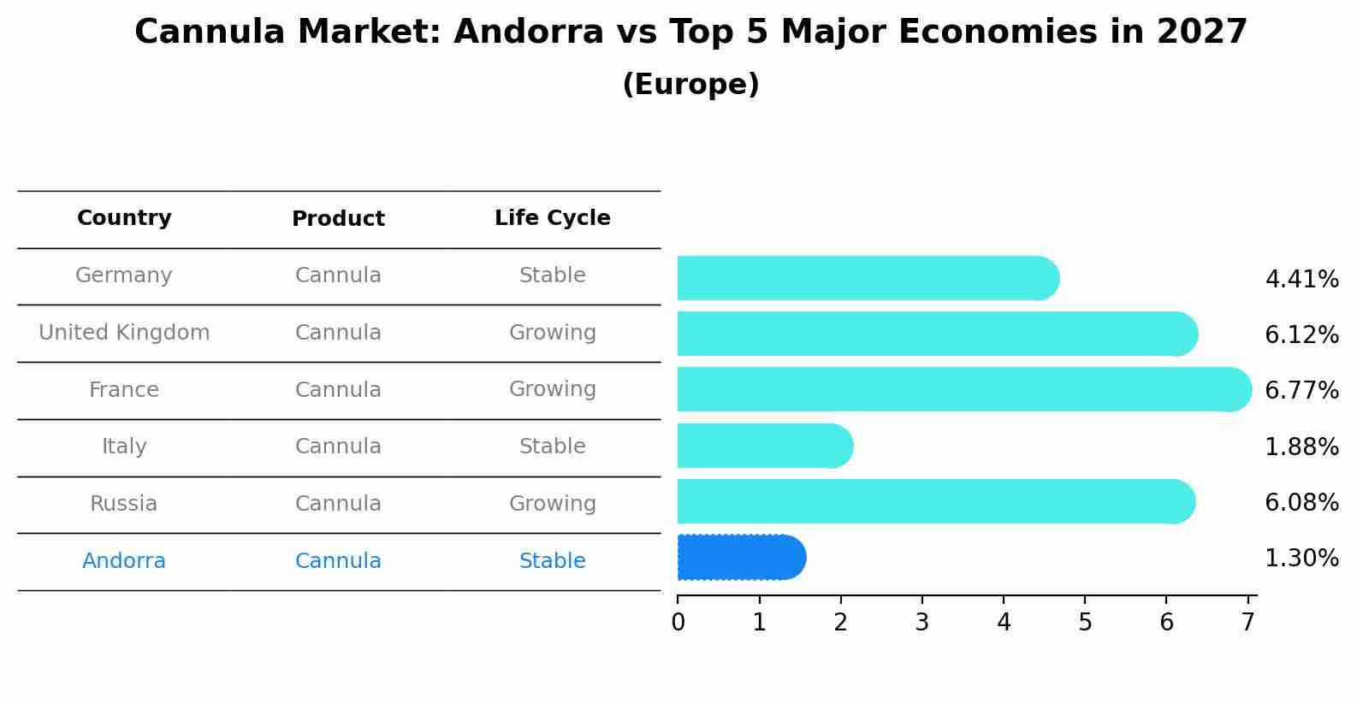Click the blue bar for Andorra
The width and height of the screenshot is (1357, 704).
741,558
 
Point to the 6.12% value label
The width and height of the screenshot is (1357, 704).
1301,335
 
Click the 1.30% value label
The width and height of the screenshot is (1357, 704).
1301,559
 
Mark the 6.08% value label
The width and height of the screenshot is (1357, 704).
1301,503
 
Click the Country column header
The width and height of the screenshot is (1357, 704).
124,218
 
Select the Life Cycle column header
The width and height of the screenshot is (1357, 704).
553,218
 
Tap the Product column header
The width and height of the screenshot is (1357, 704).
338,219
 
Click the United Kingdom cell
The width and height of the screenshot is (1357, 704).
124,333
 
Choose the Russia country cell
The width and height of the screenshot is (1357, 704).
124,504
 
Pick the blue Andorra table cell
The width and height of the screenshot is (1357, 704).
124,561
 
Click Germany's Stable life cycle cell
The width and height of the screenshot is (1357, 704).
553,275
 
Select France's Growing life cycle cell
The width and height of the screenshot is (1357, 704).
553,389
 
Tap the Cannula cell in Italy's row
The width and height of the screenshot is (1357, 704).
338,447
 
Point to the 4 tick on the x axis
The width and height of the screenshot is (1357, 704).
1004,623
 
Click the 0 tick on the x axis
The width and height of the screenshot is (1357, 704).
678,623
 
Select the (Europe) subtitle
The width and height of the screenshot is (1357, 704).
690,85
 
